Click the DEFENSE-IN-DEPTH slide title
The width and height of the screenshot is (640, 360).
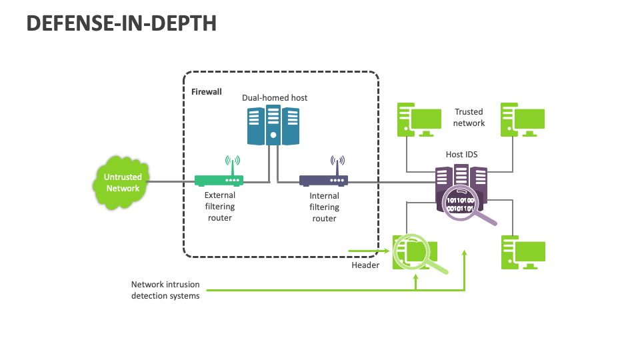point(121,23)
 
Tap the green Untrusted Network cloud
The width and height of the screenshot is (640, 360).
point(123,182)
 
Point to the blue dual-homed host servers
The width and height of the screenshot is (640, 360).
point(272,125)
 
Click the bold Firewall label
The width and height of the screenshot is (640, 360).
point(206,91)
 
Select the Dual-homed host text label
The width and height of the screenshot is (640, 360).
point(275,98)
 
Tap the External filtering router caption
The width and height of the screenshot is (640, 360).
point(220,207)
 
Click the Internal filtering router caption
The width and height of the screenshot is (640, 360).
point(325,207)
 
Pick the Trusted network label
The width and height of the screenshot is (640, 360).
point(469,117)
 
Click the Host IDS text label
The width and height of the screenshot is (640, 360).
point(461,155)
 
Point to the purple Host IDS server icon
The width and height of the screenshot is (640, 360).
point(461,180)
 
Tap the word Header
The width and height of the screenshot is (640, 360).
point(365,265)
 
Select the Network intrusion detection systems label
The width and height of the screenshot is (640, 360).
point(165,290)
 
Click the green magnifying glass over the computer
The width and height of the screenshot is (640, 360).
point(411,251)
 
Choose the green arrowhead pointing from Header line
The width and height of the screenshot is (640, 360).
point(387,252)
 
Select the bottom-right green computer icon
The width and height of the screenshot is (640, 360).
point(523,252)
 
